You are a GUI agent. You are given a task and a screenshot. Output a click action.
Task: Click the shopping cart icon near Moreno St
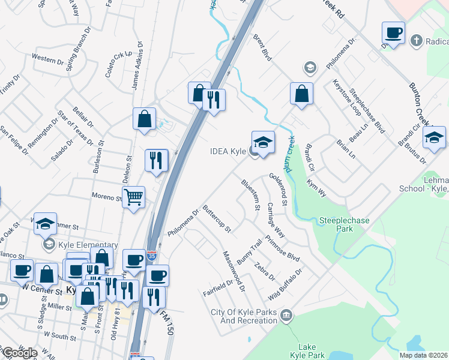coord(133,196)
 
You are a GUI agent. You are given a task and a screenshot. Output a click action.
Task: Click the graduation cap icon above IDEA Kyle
coord(263,142)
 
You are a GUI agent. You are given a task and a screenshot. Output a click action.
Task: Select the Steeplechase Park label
coord(345,224)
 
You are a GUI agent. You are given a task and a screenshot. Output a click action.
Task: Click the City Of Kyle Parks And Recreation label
coord(244,316)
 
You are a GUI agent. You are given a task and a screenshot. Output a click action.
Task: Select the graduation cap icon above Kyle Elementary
coord(46,224)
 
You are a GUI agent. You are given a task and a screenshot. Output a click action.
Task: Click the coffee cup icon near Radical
coord(393,32)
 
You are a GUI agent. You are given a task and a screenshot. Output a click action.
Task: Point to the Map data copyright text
coord(424,355)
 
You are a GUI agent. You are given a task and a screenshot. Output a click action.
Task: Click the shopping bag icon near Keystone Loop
coord(301,94)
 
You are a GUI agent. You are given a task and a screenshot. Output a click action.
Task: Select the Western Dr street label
coord(48,59)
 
